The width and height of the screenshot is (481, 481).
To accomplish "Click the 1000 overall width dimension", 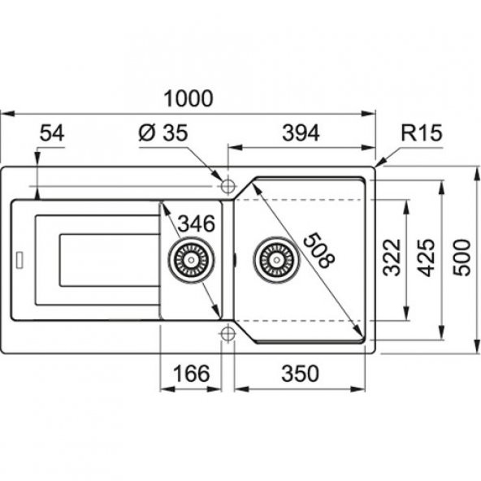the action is pos(188,98).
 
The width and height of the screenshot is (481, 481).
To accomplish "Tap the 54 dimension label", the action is pos(52,133).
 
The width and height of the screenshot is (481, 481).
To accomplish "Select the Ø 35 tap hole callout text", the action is pos(162,133).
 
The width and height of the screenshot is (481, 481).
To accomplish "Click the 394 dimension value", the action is pos(301,133).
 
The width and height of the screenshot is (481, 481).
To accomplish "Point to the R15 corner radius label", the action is pos(422,132).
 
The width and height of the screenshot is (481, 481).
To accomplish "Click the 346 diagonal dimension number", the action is pos(197,223).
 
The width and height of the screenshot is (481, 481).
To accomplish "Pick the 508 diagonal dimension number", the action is pos(318,250).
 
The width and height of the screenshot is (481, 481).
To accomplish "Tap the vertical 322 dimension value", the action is pos(393,257).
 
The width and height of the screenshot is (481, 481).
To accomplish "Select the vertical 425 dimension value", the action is pos(427,257).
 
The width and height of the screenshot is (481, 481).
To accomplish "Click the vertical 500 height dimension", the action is pos(461,258).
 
